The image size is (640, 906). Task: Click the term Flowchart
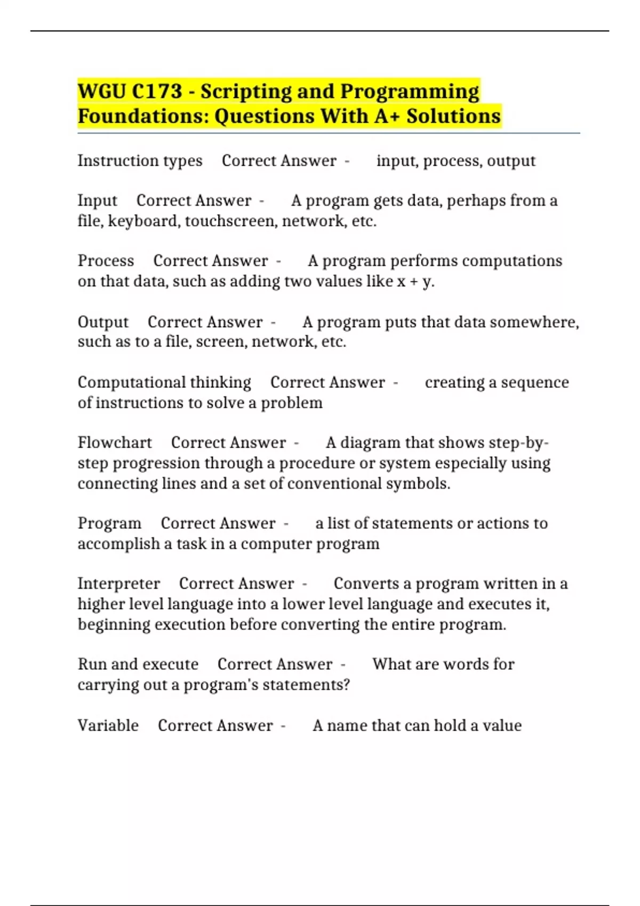click(x=115, y=443)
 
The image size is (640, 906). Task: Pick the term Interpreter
click(x=118, y=584)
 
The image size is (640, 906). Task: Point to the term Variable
click(x=108, y=725)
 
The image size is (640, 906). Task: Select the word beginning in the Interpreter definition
click(x=114, y=625)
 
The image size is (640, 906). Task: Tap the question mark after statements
click(x=347, y=685)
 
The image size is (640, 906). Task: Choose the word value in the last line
click(x=502, y=725)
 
